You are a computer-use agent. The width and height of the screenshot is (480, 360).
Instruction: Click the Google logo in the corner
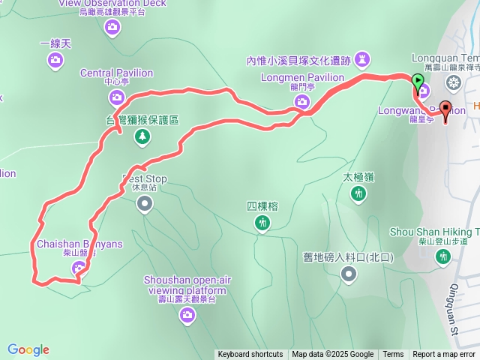[x=28, y=349]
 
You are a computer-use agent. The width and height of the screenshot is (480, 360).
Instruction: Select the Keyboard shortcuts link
[x=250, y=355]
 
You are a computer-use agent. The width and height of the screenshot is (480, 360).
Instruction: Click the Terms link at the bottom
[x=393, y=355]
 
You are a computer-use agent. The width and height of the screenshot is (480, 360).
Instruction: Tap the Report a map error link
[x=444, y=355]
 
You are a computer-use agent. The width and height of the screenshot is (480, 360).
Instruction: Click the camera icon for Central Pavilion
[x=117, y=97]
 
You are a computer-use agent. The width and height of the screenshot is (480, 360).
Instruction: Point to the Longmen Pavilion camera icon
[x=303, y=110]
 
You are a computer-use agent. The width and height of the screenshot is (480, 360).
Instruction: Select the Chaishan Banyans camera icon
[x=81, y=267]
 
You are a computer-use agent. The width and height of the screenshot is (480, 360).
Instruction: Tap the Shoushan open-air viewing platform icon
[x=186, y=316]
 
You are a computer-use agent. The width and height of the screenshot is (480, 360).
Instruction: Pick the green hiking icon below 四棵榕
[x=262, y=222]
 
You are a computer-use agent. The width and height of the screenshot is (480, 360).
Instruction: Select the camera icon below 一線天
[x=55, y=59]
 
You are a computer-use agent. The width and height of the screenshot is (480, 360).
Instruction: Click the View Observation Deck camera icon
[x=112, y=27]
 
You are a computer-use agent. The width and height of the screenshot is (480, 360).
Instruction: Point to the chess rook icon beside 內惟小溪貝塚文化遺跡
[x=363, y=58]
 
